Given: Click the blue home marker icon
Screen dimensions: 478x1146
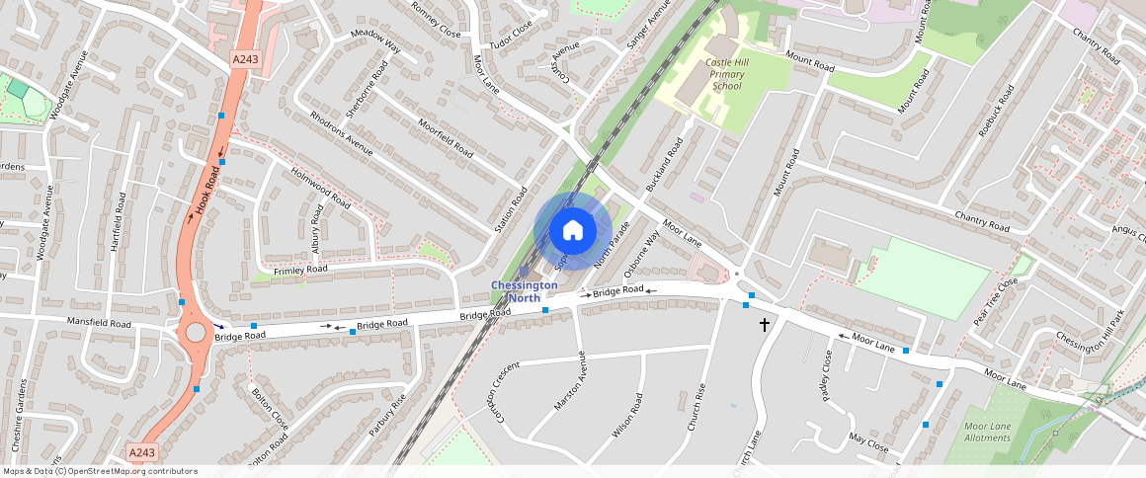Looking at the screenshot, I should pos(572,231).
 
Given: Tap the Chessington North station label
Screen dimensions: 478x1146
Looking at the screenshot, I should pos(524,291).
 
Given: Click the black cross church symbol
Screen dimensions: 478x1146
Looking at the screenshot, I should pos(764,324).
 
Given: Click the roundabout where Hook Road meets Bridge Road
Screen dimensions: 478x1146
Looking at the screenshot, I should pos(196,332).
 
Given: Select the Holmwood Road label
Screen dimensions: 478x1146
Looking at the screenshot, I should pos(320,187).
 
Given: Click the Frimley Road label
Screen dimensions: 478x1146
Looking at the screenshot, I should pos(300,269).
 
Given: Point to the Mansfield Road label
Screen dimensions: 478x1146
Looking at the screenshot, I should pos(99,323).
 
